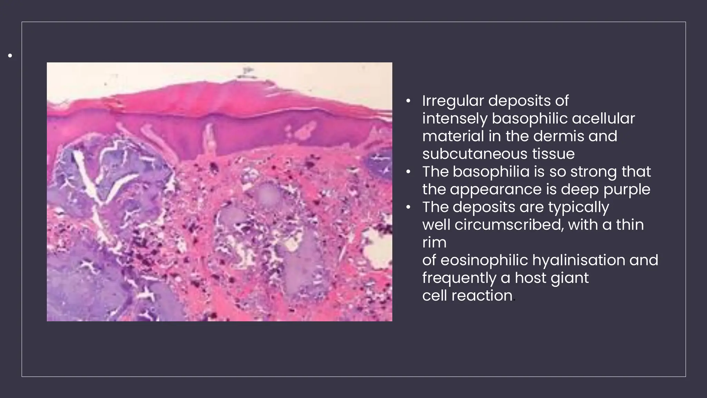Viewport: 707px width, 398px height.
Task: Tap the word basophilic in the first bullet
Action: [x=530, y=119]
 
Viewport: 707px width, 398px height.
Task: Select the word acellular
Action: [x=603, y=119]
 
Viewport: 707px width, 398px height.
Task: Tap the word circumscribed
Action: [x=509, y=225]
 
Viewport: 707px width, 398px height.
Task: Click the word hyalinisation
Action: [x=579, y=260]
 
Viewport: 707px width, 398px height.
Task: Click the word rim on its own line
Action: [x=434, y=243]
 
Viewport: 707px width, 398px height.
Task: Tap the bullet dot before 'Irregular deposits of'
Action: [x=408, y=102]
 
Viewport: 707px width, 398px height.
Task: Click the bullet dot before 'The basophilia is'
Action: [x=408, y=172]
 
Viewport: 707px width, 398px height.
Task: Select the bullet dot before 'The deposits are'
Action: [x=408, y=207]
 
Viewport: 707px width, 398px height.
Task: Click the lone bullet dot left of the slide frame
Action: [x=10, y=55]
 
